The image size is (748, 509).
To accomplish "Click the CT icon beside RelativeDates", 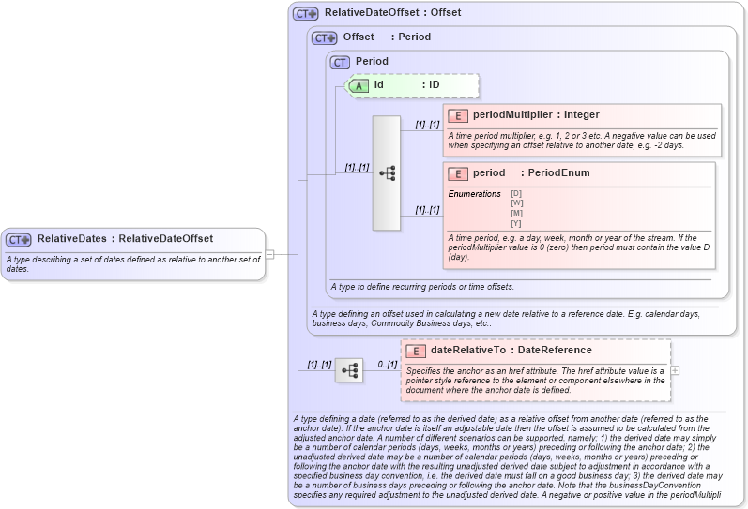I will tap(19, 239).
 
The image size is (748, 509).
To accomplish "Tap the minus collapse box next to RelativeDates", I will tap(269, 253).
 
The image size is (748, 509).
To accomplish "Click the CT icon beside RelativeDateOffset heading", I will tap(305, 14).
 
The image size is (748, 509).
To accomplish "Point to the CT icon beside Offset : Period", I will tap(324, 38).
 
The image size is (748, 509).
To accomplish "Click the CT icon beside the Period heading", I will tap(340, 62).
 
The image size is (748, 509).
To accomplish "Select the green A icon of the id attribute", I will tap(359, 85).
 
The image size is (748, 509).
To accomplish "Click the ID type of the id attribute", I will tap(434, 85).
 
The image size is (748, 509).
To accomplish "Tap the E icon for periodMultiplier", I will tap(459, 115).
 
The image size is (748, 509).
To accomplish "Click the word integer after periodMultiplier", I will tap(581, 115).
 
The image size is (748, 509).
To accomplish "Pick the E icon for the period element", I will tap(459, 173).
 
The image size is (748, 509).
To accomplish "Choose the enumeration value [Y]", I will tap(516, 223).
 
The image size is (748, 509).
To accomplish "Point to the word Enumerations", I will tap(474, 194).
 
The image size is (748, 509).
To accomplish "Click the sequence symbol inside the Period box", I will tap(387, 173).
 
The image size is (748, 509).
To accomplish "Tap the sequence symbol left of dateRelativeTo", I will tap(350, 370).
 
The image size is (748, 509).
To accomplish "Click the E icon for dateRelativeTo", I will tap(416, 351).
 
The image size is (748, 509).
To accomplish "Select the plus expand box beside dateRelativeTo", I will tap(676, 370).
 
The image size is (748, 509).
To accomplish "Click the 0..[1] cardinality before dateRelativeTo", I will tap(388, 365).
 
